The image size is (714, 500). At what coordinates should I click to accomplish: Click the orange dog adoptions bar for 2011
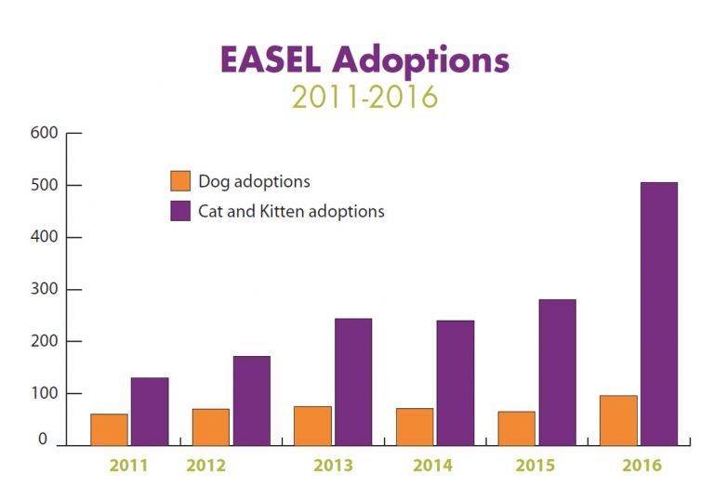(x=110, y=429)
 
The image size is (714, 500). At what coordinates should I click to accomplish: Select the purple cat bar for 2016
(x=658, y=314)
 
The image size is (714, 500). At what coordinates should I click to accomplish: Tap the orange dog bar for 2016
(x=618, y=421)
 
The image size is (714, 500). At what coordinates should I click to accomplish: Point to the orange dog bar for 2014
(x=415, y=427)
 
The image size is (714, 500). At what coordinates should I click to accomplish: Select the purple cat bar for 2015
(x=557, y=373)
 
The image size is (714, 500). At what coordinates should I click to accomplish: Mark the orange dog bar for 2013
(x=312, y=426)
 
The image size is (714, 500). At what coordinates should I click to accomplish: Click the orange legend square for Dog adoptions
(x=180, y=181)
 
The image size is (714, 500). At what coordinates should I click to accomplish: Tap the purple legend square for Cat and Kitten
(x=180, y=211)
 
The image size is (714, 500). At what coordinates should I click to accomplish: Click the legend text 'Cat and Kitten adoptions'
(x=291, y=211)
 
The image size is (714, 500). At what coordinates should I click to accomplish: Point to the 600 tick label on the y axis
(x=46, y=133)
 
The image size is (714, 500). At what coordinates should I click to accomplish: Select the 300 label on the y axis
(x=46, y=289)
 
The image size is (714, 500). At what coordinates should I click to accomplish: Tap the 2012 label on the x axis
(x=205, y=466)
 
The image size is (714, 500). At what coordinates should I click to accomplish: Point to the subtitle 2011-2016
(x=364, y=97)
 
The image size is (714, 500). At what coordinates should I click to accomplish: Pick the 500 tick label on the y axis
(x=46, y=185)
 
